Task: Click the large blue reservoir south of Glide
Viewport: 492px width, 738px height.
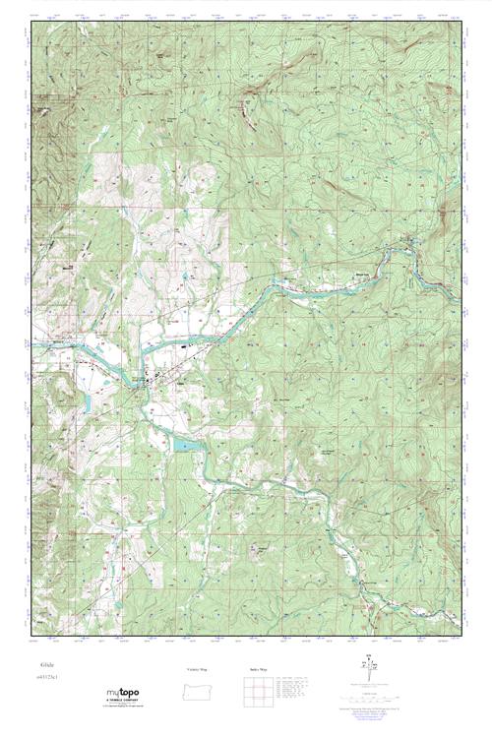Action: [185, 446]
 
